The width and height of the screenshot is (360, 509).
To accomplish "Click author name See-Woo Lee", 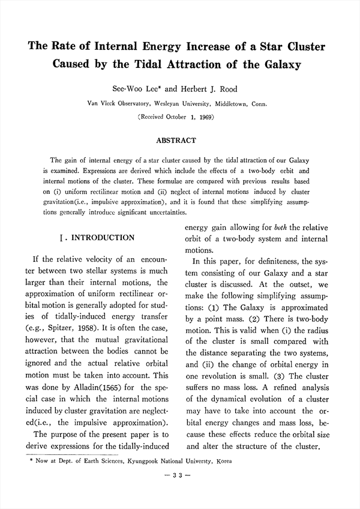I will [x=142, y=89].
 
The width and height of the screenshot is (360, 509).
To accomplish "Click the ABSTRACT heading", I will [x=176, y=140].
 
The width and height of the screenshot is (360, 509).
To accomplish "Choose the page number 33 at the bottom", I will [x=180, y=475].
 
